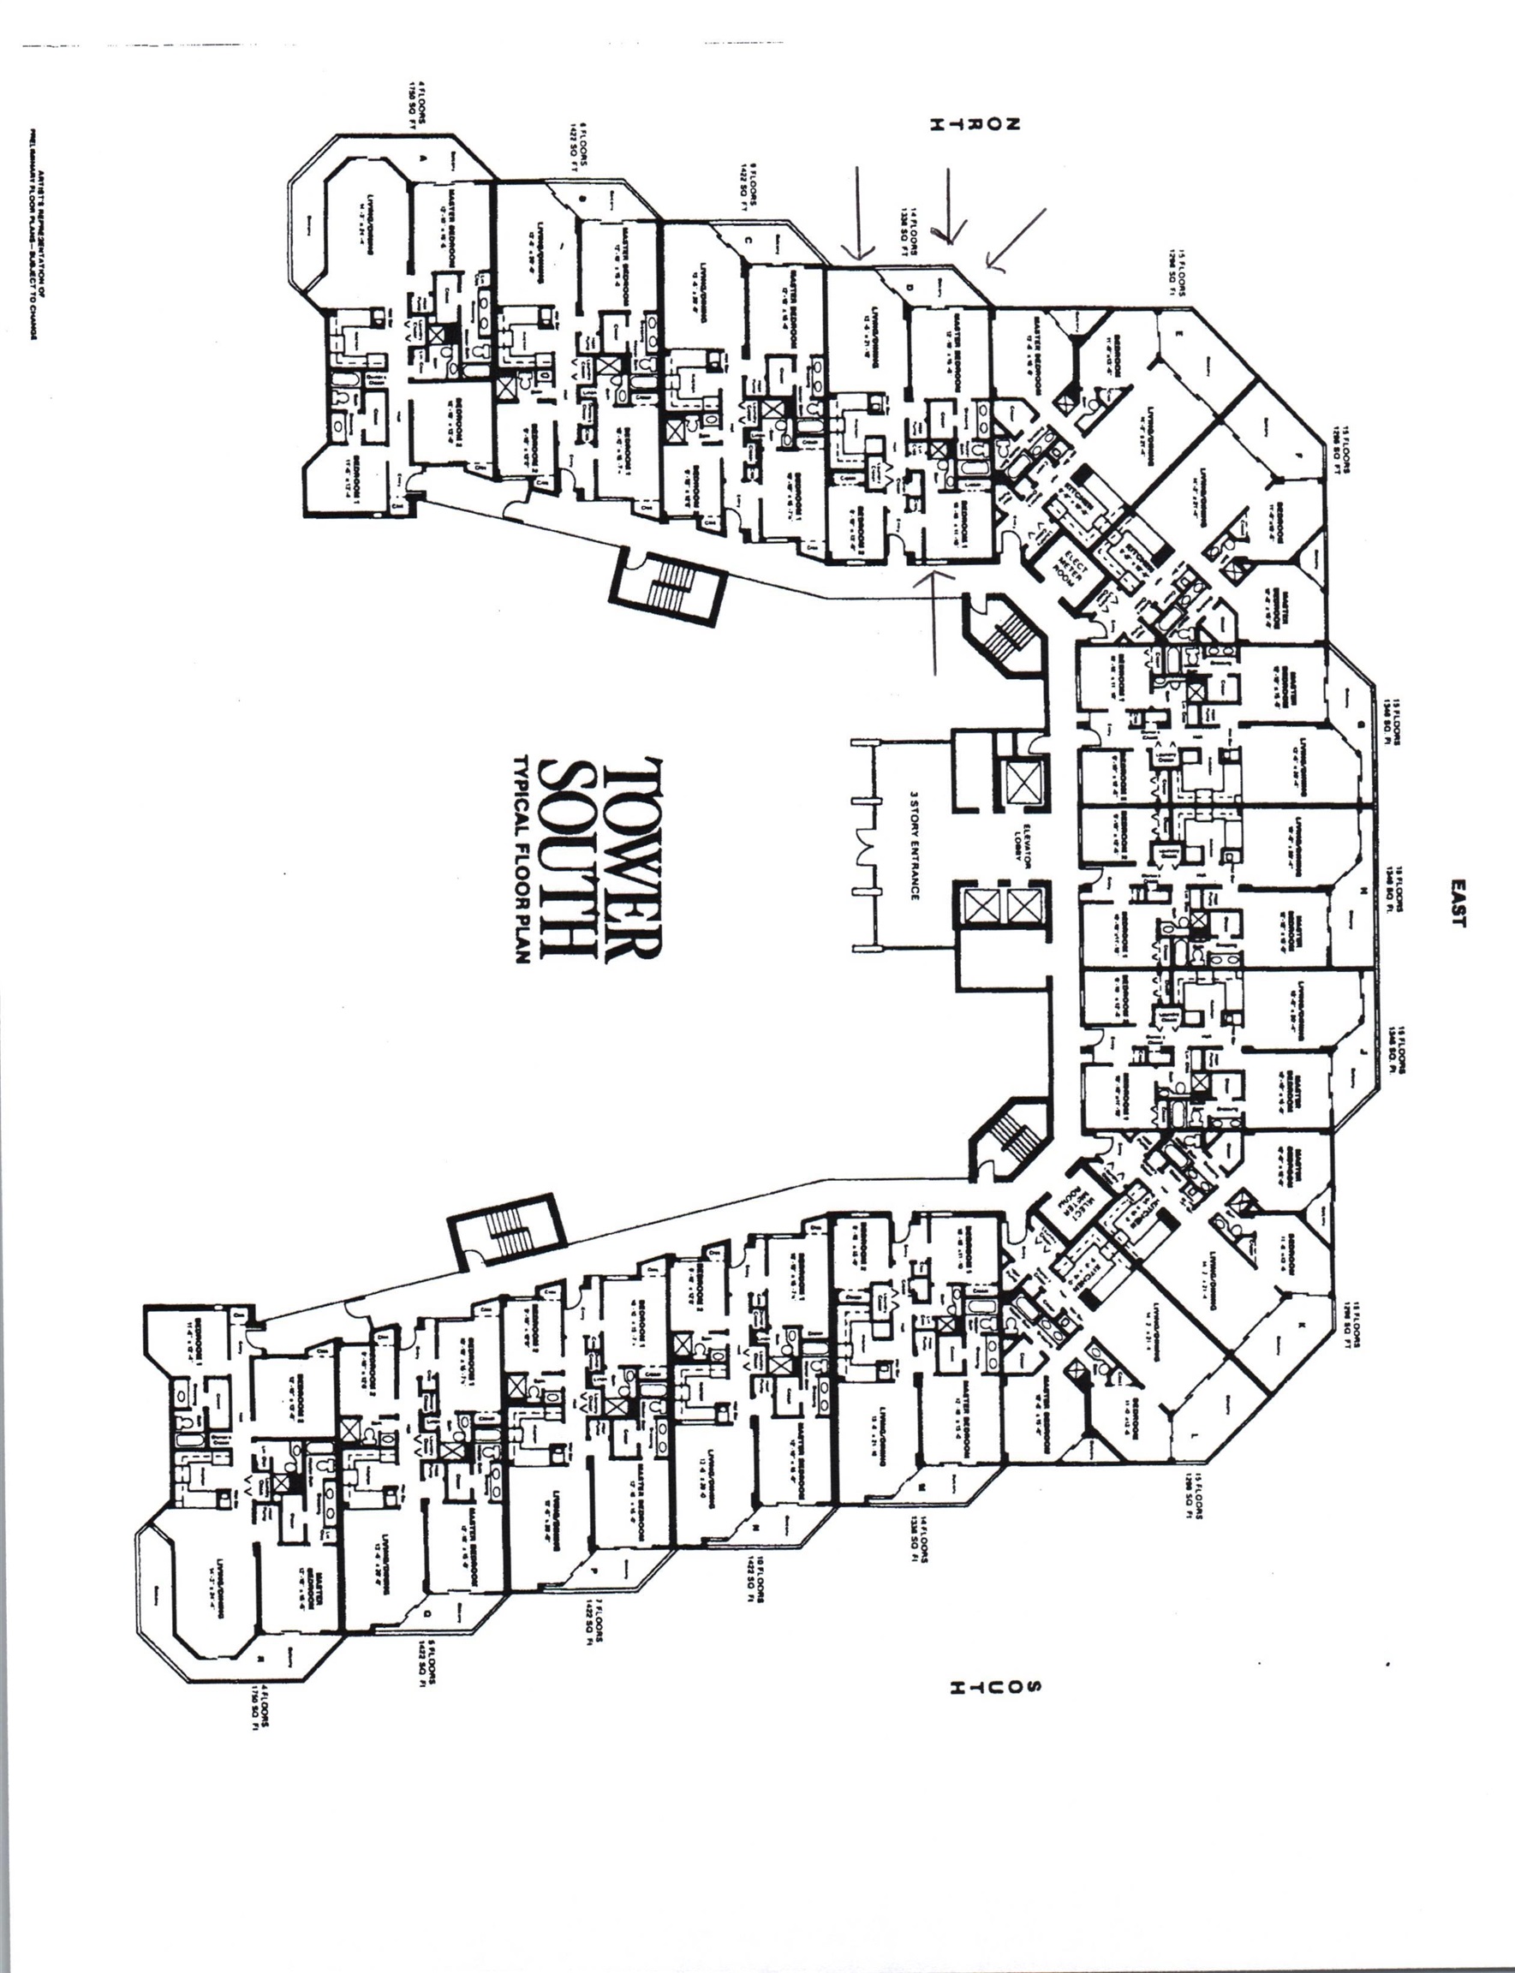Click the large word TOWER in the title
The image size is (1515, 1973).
point(634,861)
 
